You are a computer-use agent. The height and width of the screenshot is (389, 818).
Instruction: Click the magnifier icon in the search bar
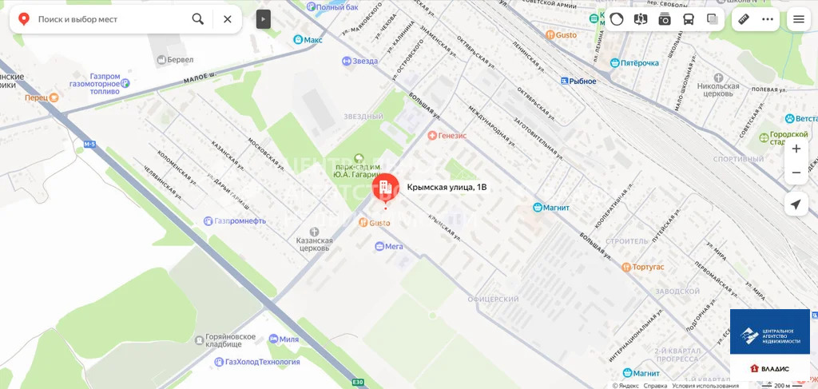(197, 19)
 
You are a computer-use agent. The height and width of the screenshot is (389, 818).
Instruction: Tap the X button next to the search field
(228, 19)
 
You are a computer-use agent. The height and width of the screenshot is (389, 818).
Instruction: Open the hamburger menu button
(798, 19)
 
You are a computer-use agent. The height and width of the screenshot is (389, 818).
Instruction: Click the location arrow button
(796, 204)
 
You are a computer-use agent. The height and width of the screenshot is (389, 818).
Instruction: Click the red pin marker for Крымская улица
(386, 189)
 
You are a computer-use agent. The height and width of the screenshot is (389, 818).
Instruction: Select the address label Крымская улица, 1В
(447, 187)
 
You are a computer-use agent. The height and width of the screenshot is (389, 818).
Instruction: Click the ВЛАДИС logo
(769, 368)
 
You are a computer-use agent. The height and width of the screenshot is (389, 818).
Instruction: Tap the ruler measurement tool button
(743, 19)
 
